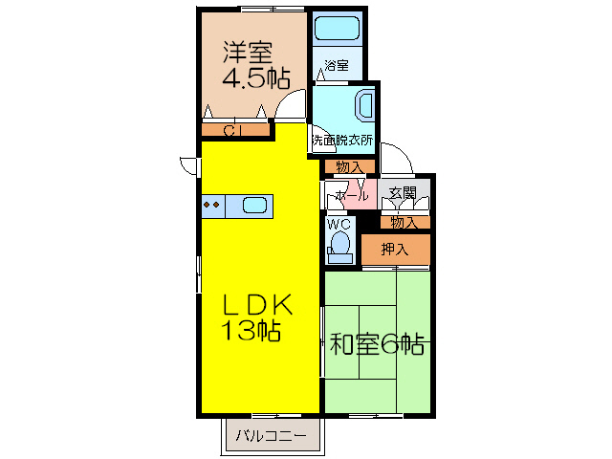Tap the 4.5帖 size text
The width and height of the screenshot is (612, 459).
pos(256,78)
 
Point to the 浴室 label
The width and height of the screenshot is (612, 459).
pos(336,67)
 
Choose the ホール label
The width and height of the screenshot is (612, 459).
pos(352,196)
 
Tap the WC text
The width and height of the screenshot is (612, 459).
pos(339,225)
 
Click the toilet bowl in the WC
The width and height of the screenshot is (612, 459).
pos(339,245)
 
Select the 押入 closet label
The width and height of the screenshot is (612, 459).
pos(395,251)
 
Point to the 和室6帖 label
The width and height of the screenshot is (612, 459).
pos(377,342)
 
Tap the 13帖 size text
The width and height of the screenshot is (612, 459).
pos(251,333)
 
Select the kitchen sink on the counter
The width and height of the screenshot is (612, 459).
pos(255,205)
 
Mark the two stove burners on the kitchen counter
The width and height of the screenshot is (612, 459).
pos(212,205)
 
